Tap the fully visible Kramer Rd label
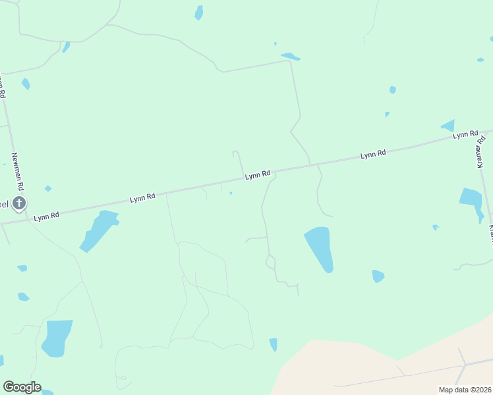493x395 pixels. pos(481,152)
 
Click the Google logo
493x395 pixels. pos(22,387)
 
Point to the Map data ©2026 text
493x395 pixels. pos(465,390)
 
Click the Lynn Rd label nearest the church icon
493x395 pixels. pos(47,215)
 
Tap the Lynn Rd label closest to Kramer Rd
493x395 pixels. pos(465,134)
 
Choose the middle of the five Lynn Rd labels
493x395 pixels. pos(258,175)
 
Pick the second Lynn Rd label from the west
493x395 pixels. pos(142,197)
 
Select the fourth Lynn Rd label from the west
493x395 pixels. pos(372,155)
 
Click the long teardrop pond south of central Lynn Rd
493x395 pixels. pos(319,248)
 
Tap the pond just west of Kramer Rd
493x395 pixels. pos(472,201)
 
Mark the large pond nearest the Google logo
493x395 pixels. pos(56,337)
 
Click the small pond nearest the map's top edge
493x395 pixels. pos(198,13)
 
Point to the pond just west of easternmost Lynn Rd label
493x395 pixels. pos(448,125)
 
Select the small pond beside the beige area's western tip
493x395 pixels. pos(273,344)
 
